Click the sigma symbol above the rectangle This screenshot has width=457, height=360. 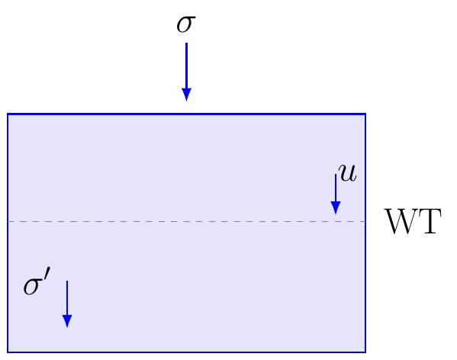[186, 24]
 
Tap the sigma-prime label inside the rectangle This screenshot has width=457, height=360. [37, 281]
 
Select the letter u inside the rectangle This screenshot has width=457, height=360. [348, 172]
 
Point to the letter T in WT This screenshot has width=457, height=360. [430, 221]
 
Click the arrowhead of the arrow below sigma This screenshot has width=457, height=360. [186, 95]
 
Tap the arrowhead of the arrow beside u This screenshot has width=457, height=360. [336, 208]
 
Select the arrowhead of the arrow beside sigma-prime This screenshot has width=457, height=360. [67, 321]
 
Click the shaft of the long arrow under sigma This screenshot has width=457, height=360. [186, 66]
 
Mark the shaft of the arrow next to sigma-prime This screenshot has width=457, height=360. [67, 298]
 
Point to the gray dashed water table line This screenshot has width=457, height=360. [186, 222]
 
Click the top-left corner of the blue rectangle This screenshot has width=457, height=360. [8, 114]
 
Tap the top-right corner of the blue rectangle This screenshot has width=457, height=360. [365, 114]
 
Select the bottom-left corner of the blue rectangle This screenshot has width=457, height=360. [8, 352]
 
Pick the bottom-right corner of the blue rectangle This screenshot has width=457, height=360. [365, 352]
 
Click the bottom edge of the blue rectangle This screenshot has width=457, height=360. [186, 352]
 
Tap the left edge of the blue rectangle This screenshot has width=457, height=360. [8, 233]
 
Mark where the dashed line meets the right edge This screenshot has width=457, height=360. [365, 222]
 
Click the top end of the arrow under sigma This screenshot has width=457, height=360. [186, 43]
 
